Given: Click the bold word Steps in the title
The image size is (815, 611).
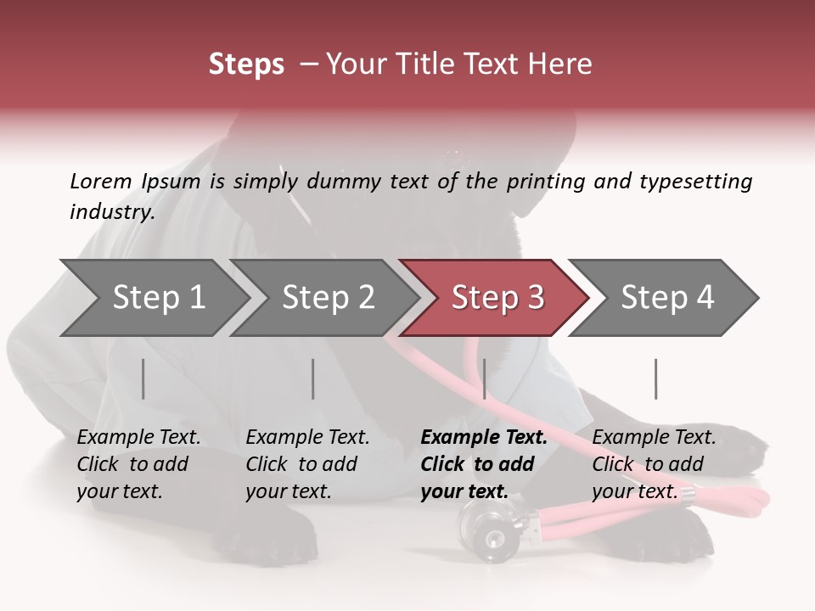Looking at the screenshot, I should pos(246,64).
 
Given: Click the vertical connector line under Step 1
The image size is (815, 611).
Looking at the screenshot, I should pos(143,378).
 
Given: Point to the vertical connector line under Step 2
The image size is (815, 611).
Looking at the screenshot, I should pos(313,378).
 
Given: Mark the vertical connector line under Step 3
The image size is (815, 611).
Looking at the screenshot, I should pos(484,378).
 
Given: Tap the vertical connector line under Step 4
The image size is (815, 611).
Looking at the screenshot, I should pos(655,378).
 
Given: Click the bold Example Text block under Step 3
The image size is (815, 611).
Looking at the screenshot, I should pos(483,464).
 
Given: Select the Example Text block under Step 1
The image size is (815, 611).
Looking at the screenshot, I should pos(138,464).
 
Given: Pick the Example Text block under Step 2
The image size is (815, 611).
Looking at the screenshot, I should pos(307,464).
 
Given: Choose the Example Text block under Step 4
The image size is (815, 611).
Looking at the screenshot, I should pos(654,464).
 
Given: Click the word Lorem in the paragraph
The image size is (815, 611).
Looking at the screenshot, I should pos(100,181).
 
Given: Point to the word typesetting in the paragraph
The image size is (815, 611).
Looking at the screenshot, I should pos(695,181).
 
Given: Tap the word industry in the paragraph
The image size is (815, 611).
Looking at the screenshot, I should pos(111,211).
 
